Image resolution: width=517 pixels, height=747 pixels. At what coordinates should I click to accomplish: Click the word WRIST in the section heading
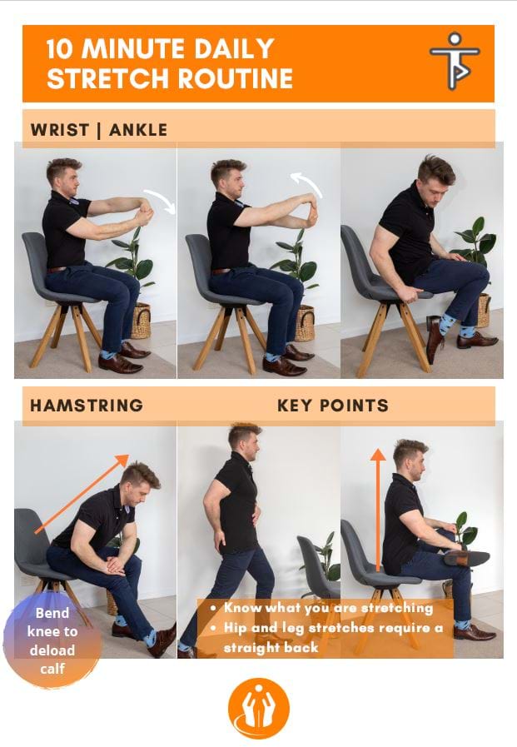click(60, 130)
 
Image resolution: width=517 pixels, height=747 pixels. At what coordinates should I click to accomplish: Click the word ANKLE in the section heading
click(138, 130)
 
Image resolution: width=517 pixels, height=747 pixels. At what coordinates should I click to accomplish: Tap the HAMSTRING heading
click(87, 406)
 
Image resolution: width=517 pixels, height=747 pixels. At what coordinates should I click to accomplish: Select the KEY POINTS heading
click(333, 406)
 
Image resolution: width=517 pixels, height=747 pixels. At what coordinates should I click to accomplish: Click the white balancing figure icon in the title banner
click(455, 61)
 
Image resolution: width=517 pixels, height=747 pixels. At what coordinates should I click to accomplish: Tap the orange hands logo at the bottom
click(258, 709)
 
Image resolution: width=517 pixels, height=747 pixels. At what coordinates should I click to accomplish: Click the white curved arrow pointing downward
click(162, 200)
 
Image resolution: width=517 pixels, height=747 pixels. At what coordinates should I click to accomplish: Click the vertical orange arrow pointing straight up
click(378, 509)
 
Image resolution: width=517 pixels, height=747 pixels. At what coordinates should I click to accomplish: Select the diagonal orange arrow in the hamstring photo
click(82, 494)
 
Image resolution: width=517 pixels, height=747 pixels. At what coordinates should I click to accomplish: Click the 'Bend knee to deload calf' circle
click(52, 640)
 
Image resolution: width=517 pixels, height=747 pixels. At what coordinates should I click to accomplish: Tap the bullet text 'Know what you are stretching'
click(329, 608)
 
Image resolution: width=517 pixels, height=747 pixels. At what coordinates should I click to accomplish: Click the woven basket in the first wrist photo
click(141, 321)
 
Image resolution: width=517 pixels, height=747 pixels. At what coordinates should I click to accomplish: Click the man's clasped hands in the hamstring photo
click(115, 564)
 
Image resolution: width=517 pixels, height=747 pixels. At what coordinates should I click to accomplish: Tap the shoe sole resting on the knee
click(467, 558)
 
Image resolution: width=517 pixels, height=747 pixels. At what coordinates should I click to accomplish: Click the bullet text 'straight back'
click(271, 648)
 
